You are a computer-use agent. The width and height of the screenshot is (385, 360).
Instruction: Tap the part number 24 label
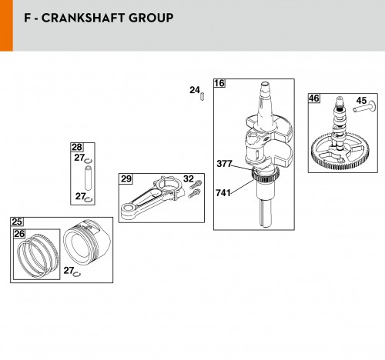pyautogui.click(x=195, y=90)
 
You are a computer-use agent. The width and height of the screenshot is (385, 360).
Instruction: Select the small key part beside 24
pyautogui.click(x=203, y=96)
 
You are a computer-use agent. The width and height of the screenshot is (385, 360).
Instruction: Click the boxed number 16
pyautogui.click(x=219, y=83)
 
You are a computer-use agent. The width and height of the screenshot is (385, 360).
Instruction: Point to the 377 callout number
pyautogui.click(x=224, y=164)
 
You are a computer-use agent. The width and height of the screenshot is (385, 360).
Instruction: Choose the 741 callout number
pyautogui.click(x=223, y=193)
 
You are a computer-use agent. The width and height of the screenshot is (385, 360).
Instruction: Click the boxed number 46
pyautogui.click(x=314, y=98)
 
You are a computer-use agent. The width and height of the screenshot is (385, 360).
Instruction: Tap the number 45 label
pyautogui.click(x=361, y=101)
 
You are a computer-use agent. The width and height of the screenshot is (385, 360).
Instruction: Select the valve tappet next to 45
pyautogui.click(x=364, y=107)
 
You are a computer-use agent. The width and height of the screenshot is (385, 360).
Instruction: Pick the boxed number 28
pyautogui.click(x=76, y=147)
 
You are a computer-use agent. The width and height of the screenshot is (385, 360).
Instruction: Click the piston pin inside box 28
pyautogui.click(x=88, y=178)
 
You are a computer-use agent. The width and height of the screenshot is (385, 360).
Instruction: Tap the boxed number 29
pyautogui.click(x=126, y=178)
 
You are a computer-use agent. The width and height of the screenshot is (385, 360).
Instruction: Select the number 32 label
pyautogui.click(x=189, y=178)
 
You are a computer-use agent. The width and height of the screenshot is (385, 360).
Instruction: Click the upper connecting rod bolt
pyautogui.click(x=196, y=185)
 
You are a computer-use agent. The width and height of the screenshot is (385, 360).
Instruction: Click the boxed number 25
pyautogui.click(x=17, y=222)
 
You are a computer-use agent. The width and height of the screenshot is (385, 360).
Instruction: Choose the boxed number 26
pyautogui.click(x=19, y=234)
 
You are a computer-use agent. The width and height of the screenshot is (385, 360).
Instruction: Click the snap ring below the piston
pyautogui.click(x=77, y=275)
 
